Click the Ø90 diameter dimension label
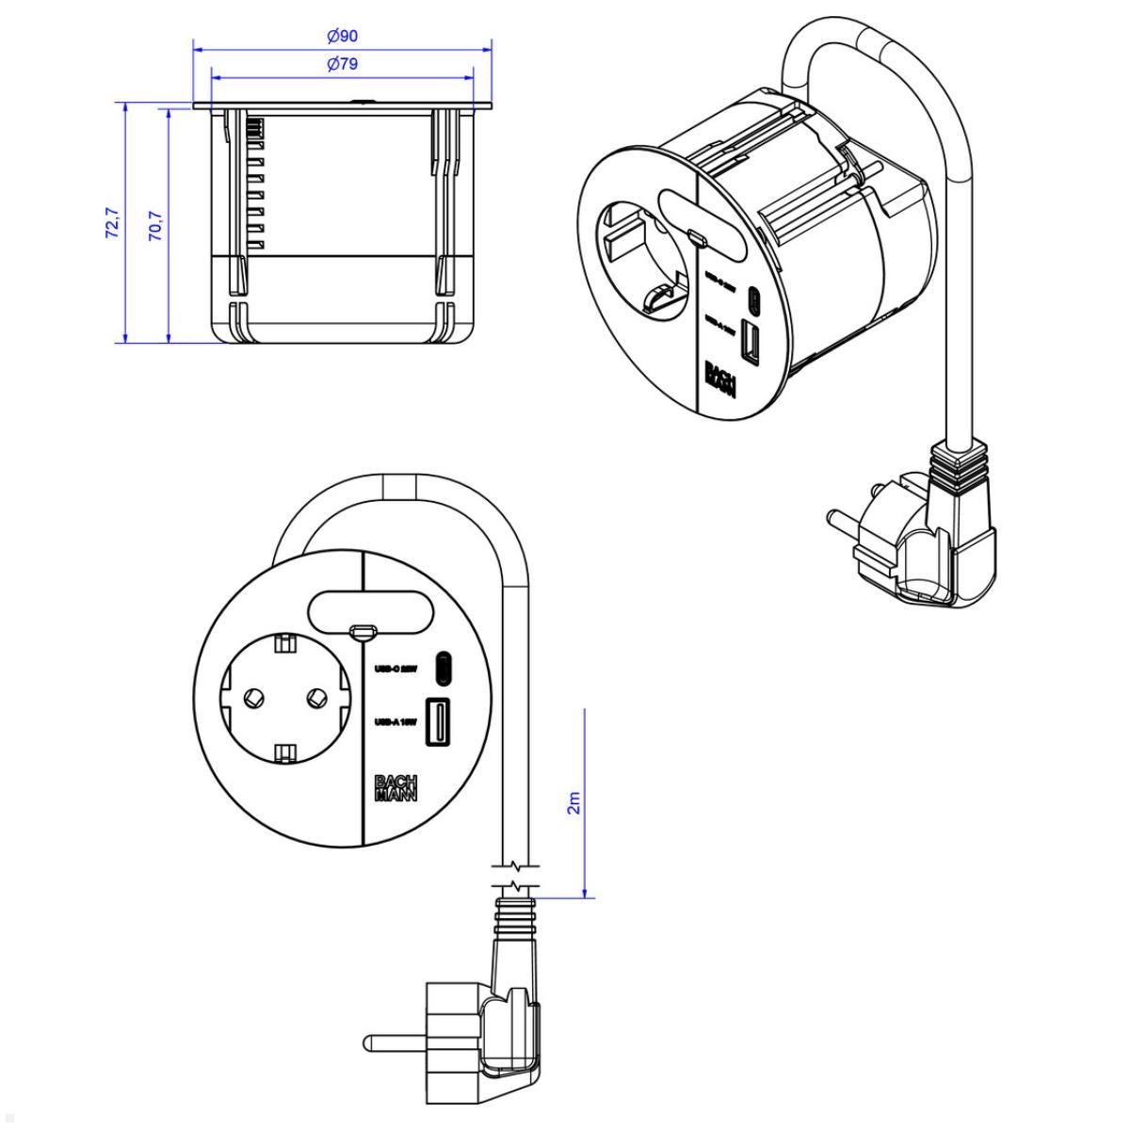(343, 37)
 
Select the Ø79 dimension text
(343, 65)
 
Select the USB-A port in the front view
(438, 721)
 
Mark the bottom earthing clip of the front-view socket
(284, 752)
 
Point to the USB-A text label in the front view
(395, 723)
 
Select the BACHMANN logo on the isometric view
(719, 379)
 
